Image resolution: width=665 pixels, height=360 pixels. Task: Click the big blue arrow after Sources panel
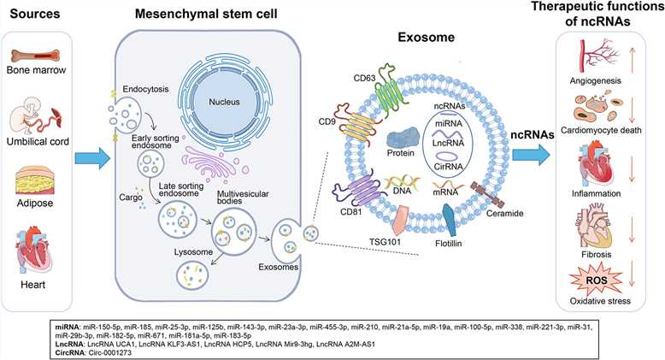coord(88,156)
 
